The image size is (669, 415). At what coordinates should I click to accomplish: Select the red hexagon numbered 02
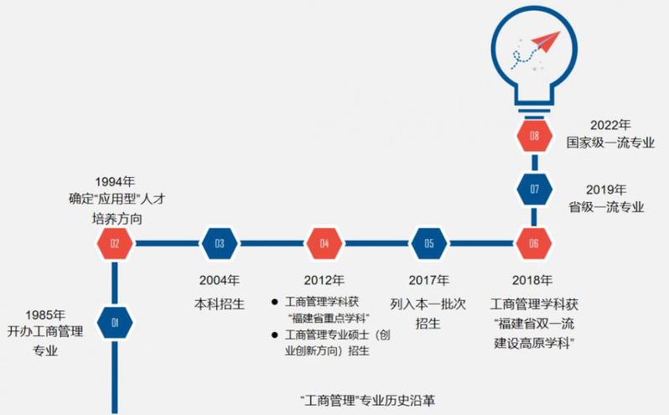click(115, 244)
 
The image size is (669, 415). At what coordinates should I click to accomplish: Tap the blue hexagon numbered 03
click(220, 244)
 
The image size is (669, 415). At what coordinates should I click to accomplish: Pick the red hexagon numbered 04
click(324, 244)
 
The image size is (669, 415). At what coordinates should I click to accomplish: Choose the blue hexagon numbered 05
click(429, 244)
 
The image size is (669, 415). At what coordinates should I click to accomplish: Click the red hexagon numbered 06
click(534, 244)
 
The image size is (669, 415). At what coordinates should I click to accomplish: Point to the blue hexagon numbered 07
click(534, 189)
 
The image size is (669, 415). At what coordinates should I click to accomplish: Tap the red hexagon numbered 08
click(534, 135)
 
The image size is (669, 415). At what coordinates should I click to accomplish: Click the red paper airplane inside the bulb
click(542, 42)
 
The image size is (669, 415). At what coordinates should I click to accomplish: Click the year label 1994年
click(116, 181)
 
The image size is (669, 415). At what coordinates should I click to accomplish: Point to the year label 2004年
click(220, 280)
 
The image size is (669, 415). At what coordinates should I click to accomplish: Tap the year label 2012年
click(324, 280)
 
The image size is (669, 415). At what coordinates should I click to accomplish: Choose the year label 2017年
click(428, 280)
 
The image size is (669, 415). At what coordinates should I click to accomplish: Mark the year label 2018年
click(533, 280)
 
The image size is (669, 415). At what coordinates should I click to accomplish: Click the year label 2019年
click(604, 189)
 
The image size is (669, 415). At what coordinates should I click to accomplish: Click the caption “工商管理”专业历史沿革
click(367, 399)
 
